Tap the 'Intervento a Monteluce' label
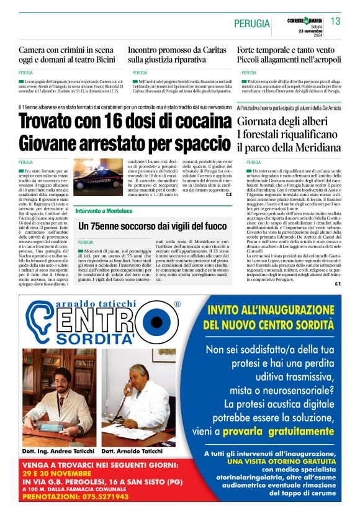104,211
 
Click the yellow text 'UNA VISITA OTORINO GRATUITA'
281,461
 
